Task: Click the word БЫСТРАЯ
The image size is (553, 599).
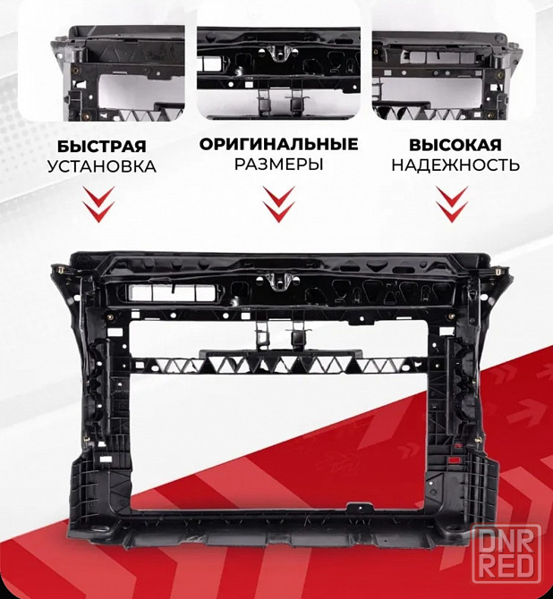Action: click(102, 147)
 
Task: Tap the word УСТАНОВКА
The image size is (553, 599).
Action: click(102, 166)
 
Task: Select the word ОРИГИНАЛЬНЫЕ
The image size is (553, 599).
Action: click(279, 145)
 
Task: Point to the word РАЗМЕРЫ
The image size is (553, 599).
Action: click(279, 165)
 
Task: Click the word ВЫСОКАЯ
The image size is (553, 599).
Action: click(455, 145)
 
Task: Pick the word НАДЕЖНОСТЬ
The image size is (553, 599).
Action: click(455, 165)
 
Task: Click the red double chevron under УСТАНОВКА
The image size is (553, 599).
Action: click(99, 204)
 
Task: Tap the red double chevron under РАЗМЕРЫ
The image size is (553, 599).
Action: click(279, 204)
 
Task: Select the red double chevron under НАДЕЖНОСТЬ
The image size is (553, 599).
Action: click(453, 204)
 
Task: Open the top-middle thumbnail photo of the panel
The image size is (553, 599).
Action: click(278, 73)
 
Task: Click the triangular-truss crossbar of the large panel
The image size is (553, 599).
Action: click(278, 365)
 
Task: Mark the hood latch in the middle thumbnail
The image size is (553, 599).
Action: click(279, 53)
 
